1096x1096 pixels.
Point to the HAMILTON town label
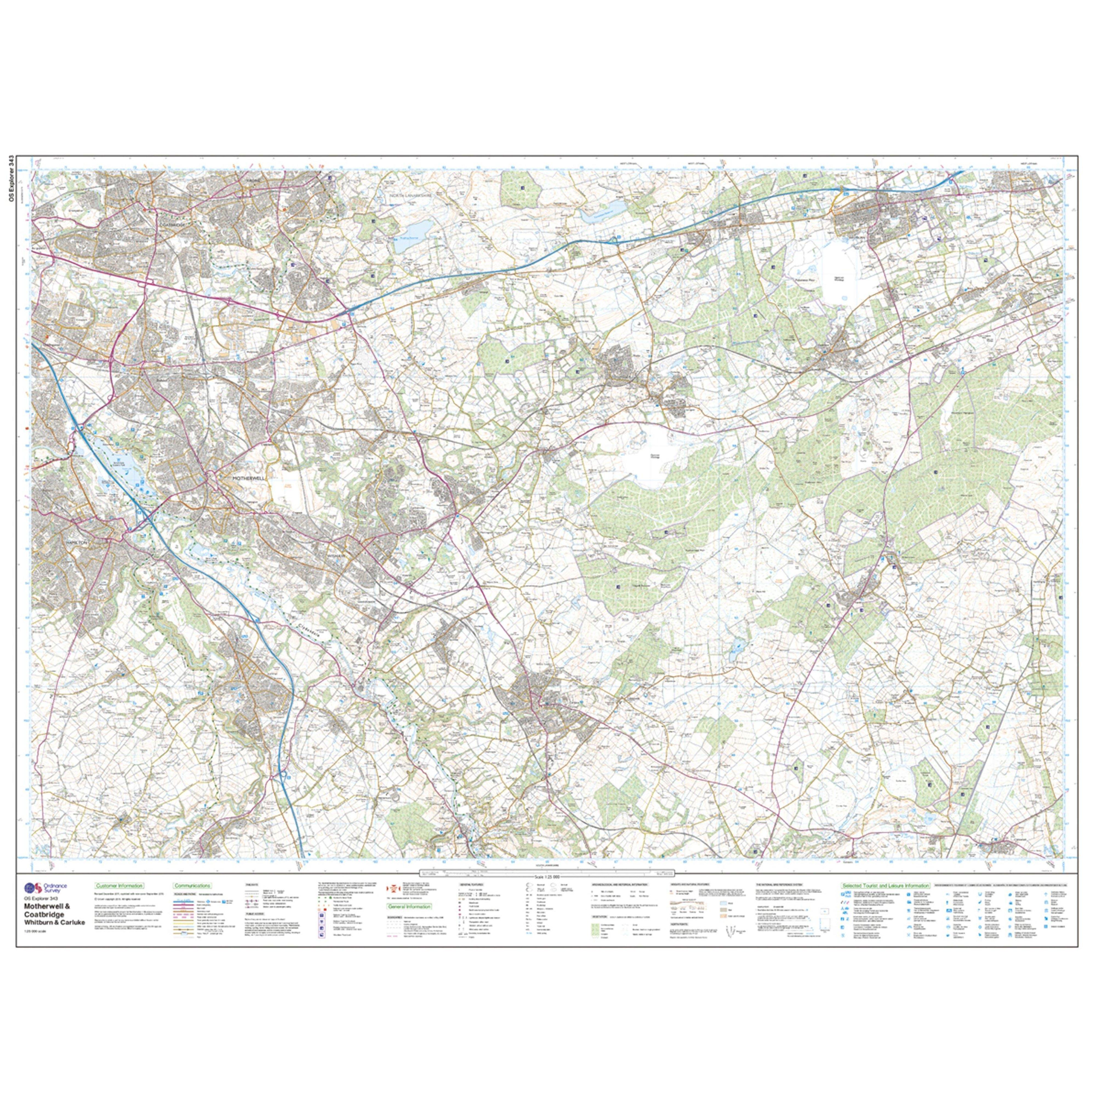78,542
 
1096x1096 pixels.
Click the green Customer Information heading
119,886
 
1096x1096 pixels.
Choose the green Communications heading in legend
193,886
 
